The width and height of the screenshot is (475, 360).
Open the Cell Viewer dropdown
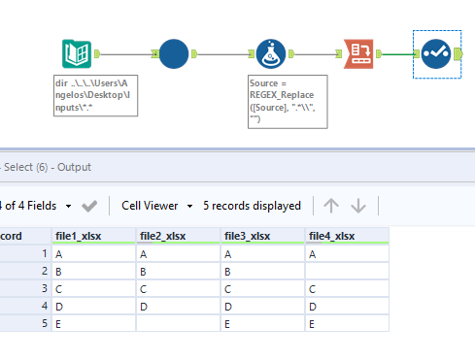point(155,206)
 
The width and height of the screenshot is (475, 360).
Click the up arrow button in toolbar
point(331,206)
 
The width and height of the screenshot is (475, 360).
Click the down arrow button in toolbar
point(357,206)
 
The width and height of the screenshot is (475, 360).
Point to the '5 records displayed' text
point(252,206)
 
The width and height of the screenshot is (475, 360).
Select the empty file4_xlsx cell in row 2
point(347,271)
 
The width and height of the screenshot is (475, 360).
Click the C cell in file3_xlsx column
point(262,288)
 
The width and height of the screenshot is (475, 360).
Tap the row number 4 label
point(44,307)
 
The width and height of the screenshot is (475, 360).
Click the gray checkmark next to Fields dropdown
point(88,206)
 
